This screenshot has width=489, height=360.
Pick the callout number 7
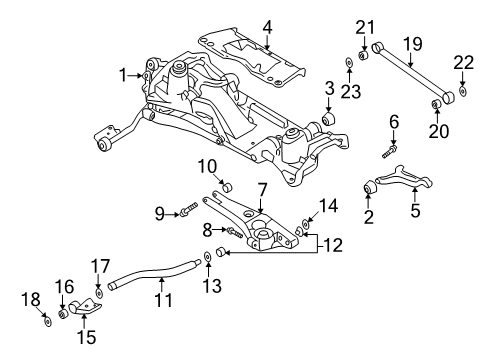pyautogui.click(x=262, y=189)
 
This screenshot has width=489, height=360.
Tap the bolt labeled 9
pyautogui.click(x=188, y=211)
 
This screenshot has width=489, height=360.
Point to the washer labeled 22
pyautogui.click(x=464, y=95)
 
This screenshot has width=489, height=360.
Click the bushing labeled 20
pyautogui.click(x=437, y=105)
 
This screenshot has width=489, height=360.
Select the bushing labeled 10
pyautogui.click(x=228, y=187)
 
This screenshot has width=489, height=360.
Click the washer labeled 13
pyautogui.click(x=205, y=258)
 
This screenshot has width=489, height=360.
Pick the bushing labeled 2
pyautogui.click(x=369, y=187)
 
